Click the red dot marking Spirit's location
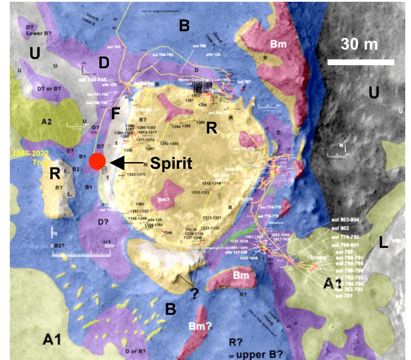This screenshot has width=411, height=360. click(97, 161)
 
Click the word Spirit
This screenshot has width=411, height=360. click(170, 163)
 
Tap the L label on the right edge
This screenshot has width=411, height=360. click(382, 243)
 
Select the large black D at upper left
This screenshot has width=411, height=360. click(104, 63)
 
